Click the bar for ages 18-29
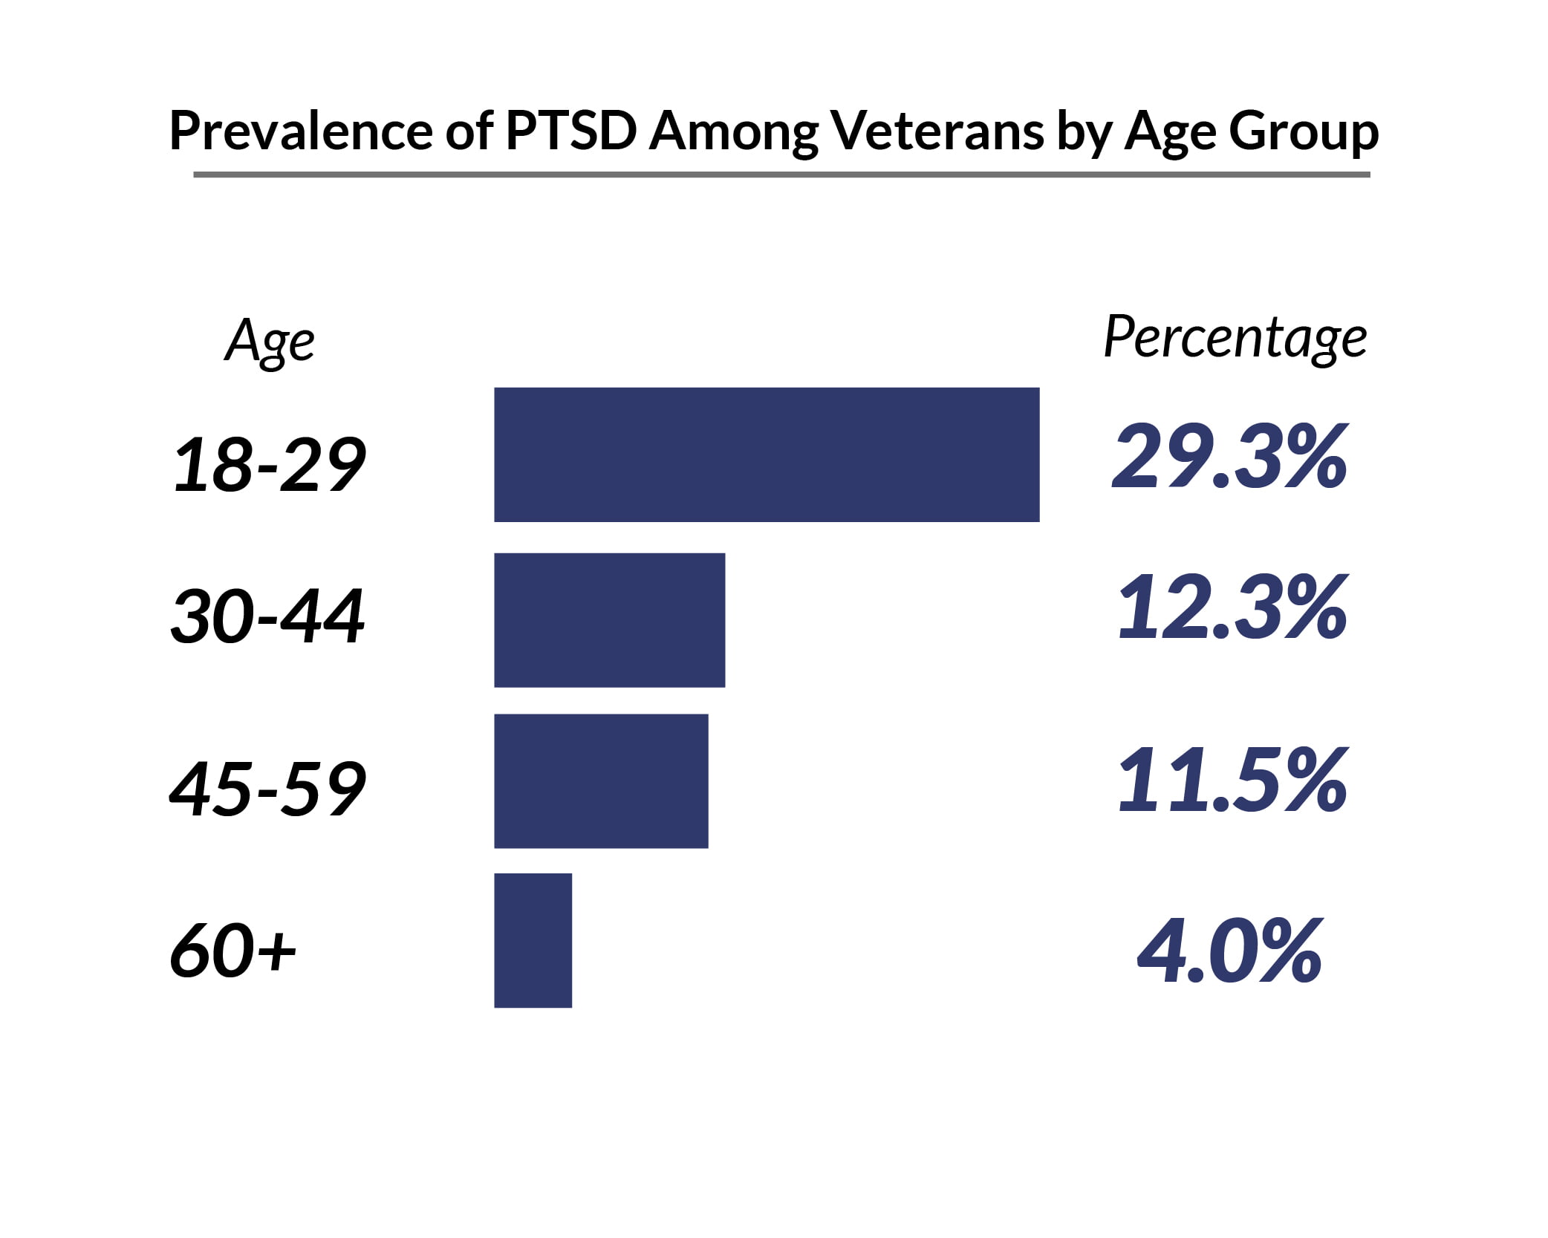click(x=767, y=455)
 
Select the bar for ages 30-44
click(x=609, y=620)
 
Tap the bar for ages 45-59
click(x=601, y=781)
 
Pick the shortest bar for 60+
click(x=533, y=940)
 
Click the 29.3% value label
click(x=1229, y=456)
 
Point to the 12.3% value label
click(x=1232, y=608)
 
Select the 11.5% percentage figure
click(x=1232, y=781)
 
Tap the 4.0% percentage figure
click(x=1229, y=951)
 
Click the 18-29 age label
click(x=269, y=465)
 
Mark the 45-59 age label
click(x=267, y=789)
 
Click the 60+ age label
click(x=233, y=951)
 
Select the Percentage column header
click(x=1235, y=339)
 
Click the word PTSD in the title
click(x=570, y=131)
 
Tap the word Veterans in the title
click(x=937, y=131)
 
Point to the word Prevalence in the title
click(x=301, y=131)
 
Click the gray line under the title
click(x=781, y=175)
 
